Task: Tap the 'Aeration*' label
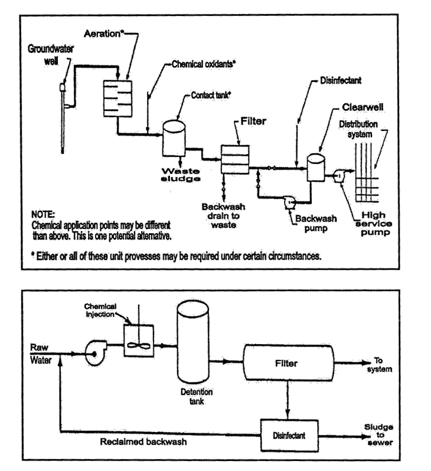[105, 32]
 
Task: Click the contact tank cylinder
[173, 138]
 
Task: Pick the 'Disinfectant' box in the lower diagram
[289, 436]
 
